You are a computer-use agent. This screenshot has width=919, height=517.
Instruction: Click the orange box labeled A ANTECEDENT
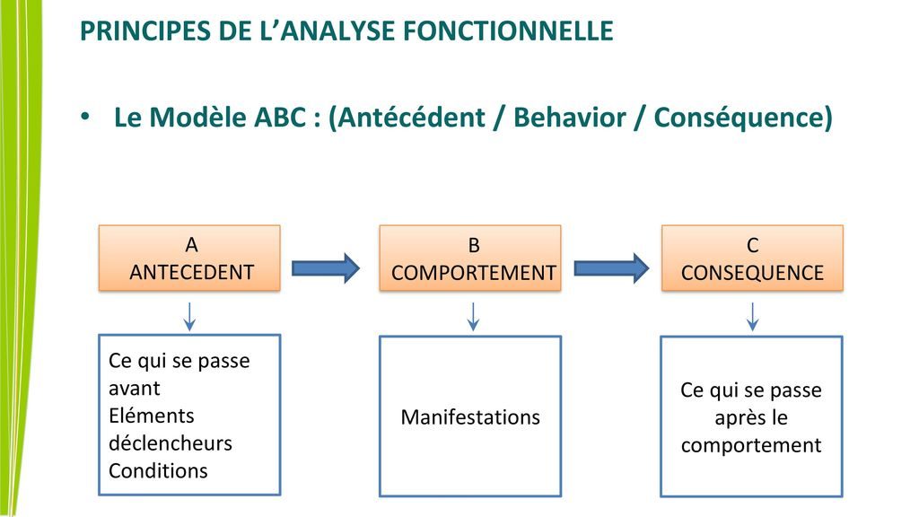point(189,258)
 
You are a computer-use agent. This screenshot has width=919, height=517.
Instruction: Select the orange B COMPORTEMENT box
point(470,258)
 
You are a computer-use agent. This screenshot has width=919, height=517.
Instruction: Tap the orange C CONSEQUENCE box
point(752,258)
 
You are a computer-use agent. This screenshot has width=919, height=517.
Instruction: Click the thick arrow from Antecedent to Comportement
point(326,267)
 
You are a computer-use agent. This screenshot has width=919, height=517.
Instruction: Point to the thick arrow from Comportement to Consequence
point(610,267)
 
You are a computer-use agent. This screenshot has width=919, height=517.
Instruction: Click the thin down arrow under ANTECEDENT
point(189,315)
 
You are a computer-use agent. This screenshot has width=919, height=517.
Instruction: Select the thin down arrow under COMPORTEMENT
point(473,315)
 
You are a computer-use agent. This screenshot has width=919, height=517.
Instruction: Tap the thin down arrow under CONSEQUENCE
point(753,315)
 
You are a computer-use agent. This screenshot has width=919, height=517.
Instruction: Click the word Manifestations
point(470,417)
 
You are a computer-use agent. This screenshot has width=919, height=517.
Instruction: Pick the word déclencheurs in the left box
point(170,443)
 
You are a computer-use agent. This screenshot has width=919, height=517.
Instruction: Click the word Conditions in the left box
point(158,470)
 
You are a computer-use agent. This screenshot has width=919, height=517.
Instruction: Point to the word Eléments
point(151,416)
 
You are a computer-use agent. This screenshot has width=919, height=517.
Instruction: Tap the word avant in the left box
point(134,390)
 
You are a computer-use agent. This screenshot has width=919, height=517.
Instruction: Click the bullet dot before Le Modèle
point(86,118)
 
